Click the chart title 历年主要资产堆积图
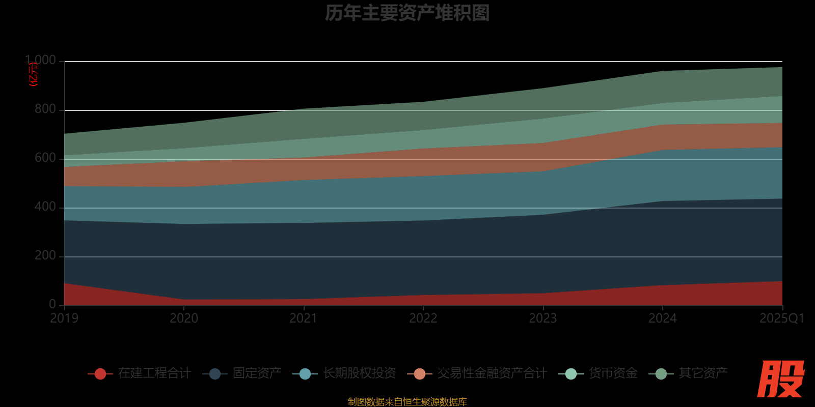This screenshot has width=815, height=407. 407,13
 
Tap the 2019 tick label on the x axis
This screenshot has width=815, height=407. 64,318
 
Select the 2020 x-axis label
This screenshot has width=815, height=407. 184,318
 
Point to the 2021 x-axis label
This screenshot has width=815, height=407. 304,318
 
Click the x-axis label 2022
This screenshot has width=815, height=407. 423,318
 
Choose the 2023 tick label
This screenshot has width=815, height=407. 543,318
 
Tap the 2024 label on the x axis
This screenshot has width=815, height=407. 662,318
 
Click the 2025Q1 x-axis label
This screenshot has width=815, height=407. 781,318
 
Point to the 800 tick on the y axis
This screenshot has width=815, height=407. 45,109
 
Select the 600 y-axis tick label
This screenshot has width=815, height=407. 45,158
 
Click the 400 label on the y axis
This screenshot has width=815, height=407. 45,207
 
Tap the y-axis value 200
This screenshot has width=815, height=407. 45,256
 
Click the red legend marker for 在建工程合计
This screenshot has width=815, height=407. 100,374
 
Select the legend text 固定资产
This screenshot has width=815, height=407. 257,373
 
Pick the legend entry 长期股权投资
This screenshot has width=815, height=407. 359,373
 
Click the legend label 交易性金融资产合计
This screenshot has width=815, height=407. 492,373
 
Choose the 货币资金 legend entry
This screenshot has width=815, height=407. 613,373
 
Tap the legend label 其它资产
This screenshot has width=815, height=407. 703,373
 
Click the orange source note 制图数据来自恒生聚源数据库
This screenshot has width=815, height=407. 407,402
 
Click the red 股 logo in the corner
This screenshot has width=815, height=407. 780,379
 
